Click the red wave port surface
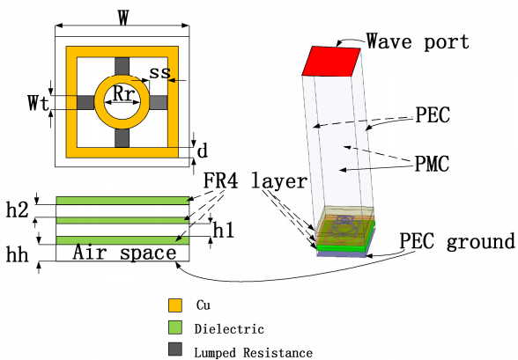click(331, 62)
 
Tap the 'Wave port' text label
click(418, 41)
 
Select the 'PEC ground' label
click(457, 241)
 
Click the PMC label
click(432, 164)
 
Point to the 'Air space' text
click(124, 253)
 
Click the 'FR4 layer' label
click(255, 180)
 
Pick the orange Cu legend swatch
click(175, 305)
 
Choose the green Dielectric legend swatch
click(175, 327)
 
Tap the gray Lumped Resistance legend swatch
click(175, 349)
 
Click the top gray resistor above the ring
click(122, 66)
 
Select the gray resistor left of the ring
click(86, 103)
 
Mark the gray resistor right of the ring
click(159, 103)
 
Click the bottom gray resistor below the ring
click(122, 138)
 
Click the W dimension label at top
click(123, 18)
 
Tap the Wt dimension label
click(39, 103)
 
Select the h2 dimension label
click(18, 209)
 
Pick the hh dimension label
click(18, 254)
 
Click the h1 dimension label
click(224, 230)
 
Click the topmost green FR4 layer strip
click(122, 201)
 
